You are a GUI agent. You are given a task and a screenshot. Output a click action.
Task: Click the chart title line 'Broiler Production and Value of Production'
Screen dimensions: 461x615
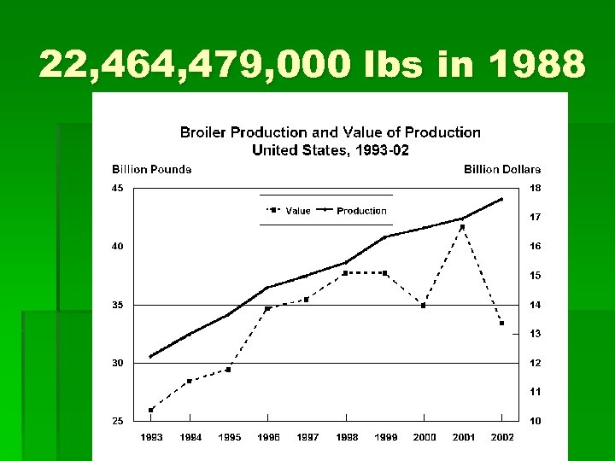coord(330,132)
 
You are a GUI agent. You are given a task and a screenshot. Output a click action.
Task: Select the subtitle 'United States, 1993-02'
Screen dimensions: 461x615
coord(330,149)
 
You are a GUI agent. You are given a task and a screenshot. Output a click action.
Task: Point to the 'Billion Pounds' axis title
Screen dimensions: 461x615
coord(152,169)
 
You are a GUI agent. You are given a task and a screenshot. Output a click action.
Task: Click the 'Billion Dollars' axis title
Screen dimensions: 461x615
coord(502,169)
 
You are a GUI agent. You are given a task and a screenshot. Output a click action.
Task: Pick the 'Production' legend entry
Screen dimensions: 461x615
coord(361,210)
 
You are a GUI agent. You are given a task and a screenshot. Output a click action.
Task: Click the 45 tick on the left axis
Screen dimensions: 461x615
coord(119,188)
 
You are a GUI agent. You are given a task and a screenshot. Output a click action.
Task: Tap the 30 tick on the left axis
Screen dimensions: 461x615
coord(119,363)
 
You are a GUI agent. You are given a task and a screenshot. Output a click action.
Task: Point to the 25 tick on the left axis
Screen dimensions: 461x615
coord(119,421)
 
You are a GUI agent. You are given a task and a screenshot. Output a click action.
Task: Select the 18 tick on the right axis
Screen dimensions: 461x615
coord(535,188)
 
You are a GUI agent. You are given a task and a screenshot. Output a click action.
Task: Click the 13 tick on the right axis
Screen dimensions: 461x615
coord(535,334)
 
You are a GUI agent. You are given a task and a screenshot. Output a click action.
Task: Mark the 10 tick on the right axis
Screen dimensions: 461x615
coord(535,421)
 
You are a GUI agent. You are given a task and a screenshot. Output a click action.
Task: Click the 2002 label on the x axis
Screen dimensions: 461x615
coord(502,437)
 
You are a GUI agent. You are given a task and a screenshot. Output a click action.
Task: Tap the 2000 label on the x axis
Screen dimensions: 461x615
coord(425,437)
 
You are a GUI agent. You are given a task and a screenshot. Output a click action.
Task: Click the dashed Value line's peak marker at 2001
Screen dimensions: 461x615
coord(462,227)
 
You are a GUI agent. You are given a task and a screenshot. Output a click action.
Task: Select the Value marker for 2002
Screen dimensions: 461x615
coord(501,323)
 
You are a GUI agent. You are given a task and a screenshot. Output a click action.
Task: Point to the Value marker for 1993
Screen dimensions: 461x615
coord(151,410)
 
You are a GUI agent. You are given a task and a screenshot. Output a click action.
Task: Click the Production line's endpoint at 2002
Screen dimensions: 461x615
coord(501,199)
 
